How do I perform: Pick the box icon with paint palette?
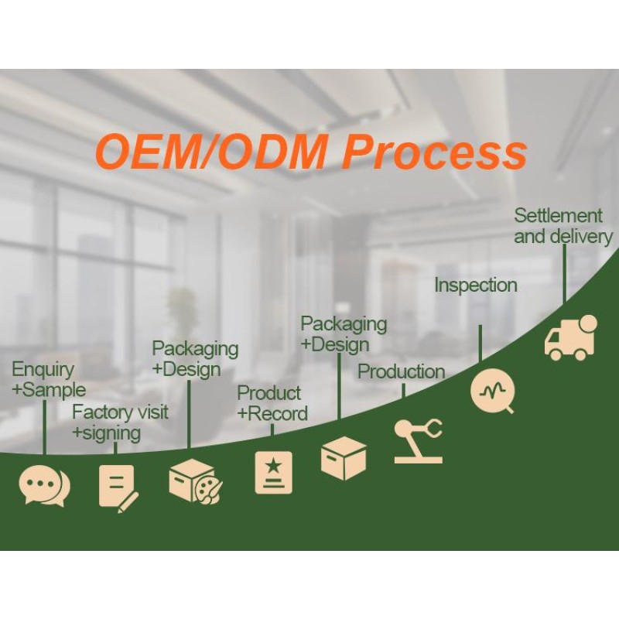pos(194,480)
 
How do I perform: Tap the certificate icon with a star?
pos(274,472)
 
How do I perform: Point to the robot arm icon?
pos(418,440)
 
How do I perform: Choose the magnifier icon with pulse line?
pos(492,390)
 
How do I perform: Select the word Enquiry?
pos(43,370)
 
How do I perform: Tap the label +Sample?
pos(49,389)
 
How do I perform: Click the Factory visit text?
pos(120,412)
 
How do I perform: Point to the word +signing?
pos(106,433)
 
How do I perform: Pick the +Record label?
pos(272,414)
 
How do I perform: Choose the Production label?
pos(401,372)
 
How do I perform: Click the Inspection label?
pos(475,286)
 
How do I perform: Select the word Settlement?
pos(558,216)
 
